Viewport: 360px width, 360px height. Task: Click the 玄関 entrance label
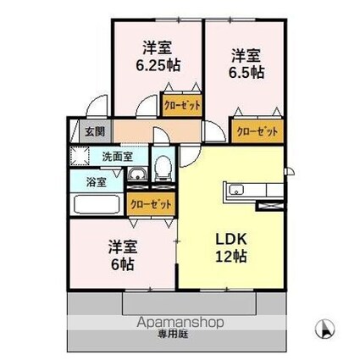tap(95, 131)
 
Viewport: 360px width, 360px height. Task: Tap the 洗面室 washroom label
tap(117, 157)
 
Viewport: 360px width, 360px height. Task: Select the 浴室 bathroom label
tap(96, 182)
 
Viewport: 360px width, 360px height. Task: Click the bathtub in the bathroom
tap(97, 205)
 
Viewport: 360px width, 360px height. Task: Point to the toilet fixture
tap(163, 169)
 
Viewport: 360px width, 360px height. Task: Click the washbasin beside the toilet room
tap(137, 174)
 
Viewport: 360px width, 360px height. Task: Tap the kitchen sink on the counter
tap(236, 190)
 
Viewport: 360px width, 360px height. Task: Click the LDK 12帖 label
tap(231, 247)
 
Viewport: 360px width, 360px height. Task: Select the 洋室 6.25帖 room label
tap(158, 56)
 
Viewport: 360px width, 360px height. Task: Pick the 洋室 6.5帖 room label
tap(246, 64)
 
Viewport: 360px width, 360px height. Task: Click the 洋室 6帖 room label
tap(123, 255)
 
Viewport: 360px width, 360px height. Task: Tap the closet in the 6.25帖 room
tap(182, 105)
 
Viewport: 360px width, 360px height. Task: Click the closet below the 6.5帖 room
tap(258, 131)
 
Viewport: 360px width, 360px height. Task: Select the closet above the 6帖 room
tap(151, 204)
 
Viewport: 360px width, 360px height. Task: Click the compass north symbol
tap(324, 329)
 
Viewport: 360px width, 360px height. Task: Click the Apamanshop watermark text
tap(180, 323)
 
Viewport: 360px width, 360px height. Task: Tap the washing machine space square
tap(80, 156)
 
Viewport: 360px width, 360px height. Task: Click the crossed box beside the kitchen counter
tap(269, 206)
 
